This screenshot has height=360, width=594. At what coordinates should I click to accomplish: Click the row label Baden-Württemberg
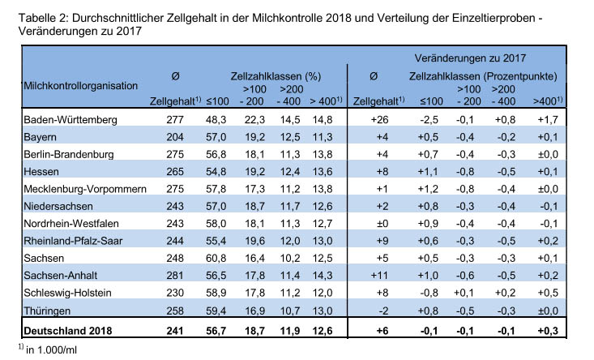pyautogui.click(x=71, y=120)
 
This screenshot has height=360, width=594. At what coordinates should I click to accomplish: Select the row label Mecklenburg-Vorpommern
pyautogui.click(x=85, y=189)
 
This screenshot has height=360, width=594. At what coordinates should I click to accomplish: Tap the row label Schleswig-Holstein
pyautogui.click(x=67, y=293)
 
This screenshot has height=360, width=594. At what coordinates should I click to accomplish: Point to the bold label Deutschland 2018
pyautogui.click(x=68, y=331)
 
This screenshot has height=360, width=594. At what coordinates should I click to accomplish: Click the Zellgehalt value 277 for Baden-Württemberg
pyautogui.click(x=175, y=120)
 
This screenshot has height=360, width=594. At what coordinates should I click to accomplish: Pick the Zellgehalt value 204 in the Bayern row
pyautogui.click(x=175, y=137)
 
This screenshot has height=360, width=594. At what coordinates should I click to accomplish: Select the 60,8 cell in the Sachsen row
pyautogui.click(x=216, y=258)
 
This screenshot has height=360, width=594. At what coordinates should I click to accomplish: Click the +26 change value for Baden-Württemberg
pyautogui.click(x=379, y=120)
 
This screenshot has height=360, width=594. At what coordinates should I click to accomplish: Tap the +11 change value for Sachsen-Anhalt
pyautogui.click(x=379, y=275)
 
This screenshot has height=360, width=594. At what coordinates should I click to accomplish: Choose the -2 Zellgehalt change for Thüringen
pyautogui.click(x=383, y=311)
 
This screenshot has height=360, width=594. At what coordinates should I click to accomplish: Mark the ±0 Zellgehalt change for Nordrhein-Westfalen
pyautogui.click(x=382, y=223)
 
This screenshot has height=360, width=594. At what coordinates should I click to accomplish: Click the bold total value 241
pyautogui.click(x=175, y=331)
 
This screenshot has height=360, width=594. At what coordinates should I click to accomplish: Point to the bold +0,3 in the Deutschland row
pyautogui.click(x=548, y=331)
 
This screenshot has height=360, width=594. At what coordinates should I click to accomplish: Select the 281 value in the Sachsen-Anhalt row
pyautogui.click(x=175, y=275)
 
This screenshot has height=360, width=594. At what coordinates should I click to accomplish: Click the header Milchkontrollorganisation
pyautogui.click(x=81, y=86)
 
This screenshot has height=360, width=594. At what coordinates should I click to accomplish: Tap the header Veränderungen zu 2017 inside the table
pyautogui.click(x=470, y=58)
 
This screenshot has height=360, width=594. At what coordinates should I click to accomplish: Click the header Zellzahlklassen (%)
pyautogui.click(x=276, y=76)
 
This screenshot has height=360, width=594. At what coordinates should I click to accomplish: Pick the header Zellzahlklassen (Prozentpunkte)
pyautogui.click(x=483, y=76)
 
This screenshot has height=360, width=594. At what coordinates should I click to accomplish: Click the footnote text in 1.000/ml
pyautogui.click(x=51, y=350)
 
